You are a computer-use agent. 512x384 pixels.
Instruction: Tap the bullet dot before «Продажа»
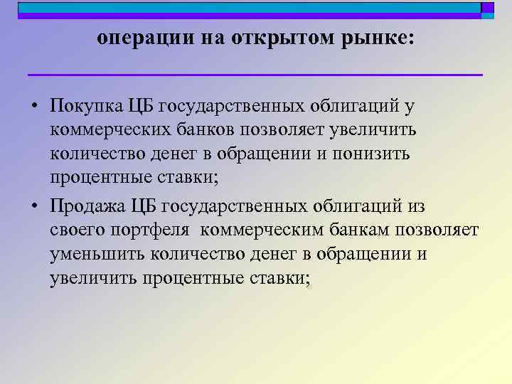coord(34,208)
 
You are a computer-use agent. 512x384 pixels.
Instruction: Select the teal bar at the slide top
coord(249,8)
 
